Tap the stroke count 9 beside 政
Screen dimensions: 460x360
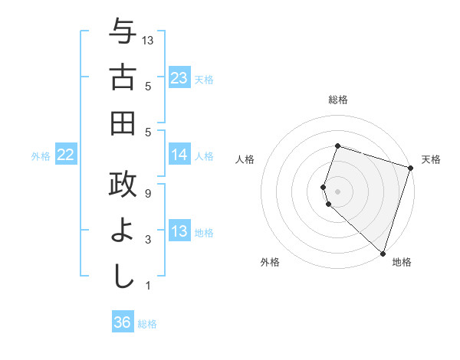[148, 194]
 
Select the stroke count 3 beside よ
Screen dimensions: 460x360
[148, 240]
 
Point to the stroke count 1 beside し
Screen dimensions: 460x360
[148, 286]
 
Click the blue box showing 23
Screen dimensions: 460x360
[179, 77]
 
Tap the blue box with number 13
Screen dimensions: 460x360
[179, 231]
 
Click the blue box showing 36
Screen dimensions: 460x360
[122, 322]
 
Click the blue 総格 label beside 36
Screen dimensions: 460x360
[147, 324]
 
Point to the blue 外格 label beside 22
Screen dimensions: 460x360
[41, 156]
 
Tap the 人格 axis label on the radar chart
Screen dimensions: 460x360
[245, 159]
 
